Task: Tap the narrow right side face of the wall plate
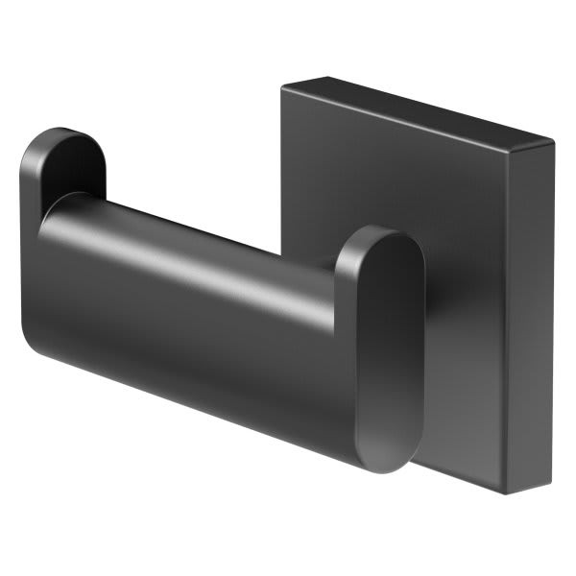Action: (528, 317)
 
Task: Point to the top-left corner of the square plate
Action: (284, 86)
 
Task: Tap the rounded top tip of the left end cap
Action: (67, 131)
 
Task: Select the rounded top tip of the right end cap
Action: (384, 230)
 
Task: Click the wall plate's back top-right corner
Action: (554, 144)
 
